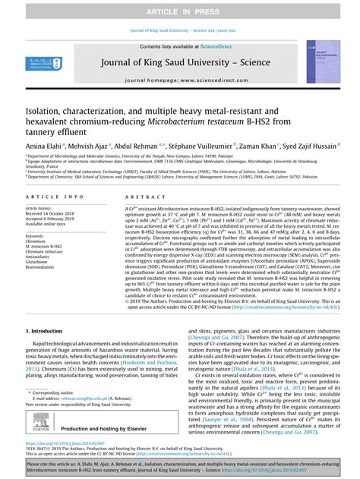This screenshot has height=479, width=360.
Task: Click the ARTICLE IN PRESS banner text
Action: pyautogui.click(x=180, y=10)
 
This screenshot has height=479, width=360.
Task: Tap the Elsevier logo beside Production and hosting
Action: pyautogui.click(x=38, y=425)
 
